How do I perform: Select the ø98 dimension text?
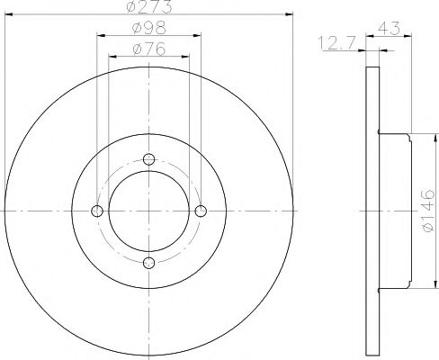click(x=148, y=29)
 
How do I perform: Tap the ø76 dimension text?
click(x=148, y=49)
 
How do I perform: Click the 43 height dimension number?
click(x=390, y=29)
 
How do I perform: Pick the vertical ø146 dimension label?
click(x=427, y=211)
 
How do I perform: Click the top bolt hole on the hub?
click(x=149, y=159)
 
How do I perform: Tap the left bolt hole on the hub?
click(x=98, y=211)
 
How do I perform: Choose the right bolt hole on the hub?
click(x=201, y=211)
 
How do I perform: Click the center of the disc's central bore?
click(x=149, y=211)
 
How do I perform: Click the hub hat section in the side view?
click(x=396, y=211)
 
